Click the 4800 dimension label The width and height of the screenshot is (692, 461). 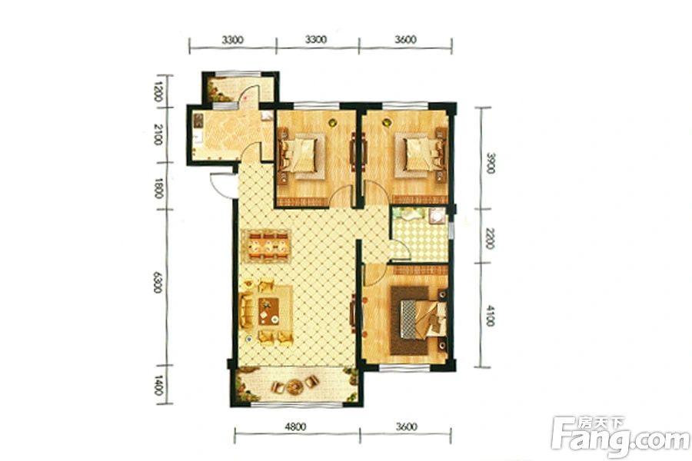tap(295, 426)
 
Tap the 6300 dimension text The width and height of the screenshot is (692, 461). tap(158, 282)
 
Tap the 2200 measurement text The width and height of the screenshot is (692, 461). tap(490, 238)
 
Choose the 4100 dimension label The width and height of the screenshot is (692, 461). tap(490, 316)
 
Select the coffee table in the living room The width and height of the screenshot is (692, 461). tap(269, 311)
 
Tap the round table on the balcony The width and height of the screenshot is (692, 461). tap(294, 387)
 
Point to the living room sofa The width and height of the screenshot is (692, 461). tap(246, 311)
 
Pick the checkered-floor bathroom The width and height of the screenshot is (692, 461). tap(420, 234)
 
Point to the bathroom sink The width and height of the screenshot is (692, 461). tap(437, 216)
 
